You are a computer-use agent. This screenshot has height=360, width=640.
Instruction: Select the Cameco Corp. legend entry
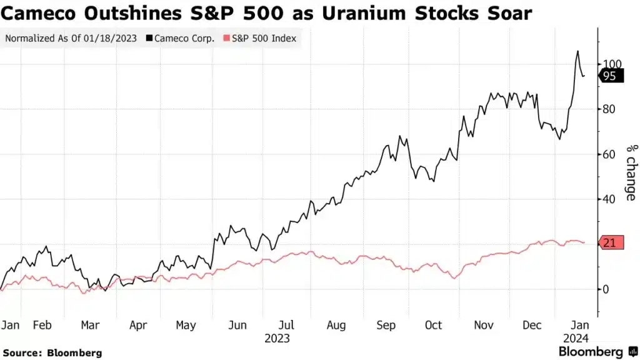tap(181, 38)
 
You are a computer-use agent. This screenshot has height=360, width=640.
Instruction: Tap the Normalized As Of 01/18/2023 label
tap(71, 38)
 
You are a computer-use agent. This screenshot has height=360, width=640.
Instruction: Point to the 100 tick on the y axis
tap(611, 64)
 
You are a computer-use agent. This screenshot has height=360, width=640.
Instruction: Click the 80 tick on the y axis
tap(609, 109)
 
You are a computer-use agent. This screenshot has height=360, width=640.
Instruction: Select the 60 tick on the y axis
tap(609, 154)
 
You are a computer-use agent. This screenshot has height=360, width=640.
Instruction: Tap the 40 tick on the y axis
tap(609, 199)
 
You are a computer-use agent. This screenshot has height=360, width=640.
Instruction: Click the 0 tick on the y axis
tap(606, 289)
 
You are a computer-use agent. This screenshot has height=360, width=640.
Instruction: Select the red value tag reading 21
tap(611, 242)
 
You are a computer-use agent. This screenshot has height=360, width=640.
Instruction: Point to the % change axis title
tap(631, 172)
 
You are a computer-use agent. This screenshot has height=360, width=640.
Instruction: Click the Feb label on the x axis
tap(42, 325)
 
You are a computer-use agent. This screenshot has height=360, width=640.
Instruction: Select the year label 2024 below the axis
tap(577, 338)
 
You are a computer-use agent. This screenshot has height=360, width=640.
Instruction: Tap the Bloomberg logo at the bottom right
tap(591, 351)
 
